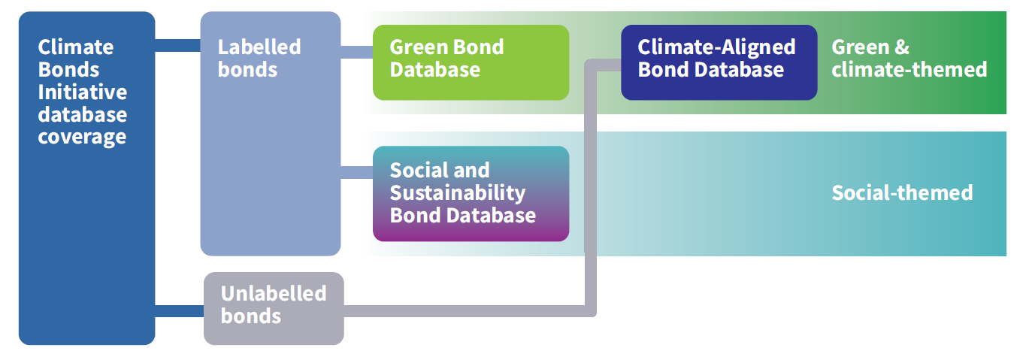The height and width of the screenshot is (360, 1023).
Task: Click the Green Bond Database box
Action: [x=471, y=62]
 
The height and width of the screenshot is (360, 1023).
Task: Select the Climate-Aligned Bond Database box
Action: [x=719, y=62]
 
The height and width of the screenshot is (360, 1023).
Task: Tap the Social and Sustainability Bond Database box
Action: [x=471, y=194]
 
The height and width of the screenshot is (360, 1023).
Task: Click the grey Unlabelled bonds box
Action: [x=274, y=308]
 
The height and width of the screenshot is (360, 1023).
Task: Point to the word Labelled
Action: [x=259, y=47]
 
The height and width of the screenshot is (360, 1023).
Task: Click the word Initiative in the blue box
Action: [x=82, y=92]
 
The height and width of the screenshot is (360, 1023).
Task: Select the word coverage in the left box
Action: [x=82, y=137]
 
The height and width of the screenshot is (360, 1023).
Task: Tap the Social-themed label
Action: [x=902, y=192]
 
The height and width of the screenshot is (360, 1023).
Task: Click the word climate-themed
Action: [x=909, y=69]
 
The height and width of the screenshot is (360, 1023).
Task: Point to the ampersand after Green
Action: [x=901, y=47]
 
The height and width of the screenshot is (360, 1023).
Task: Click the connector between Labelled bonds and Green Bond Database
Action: [x=357, y=52]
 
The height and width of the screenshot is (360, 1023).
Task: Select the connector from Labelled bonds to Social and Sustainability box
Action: [x=357, y=172]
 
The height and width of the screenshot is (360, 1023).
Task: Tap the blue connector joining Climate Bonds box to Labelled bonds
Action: [x=177, y=45]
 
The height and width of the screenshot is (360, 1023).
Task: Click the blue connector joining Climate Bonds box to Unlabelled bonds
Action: [x=179, y=311]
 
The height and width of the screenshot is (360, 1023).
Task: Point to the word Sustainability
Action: [x=458, y=193]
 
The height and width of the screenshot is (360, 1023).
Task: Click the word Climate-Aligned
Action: [x=716, y=47]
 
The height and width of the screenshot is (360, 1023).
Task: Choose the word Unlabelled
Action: [x=274, y=293]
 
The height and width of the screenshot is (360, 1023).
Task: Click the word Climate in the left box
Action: [x=75, y=47]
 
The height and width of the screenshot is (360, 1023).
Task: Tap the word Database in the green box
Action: [x=434, y=69]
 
